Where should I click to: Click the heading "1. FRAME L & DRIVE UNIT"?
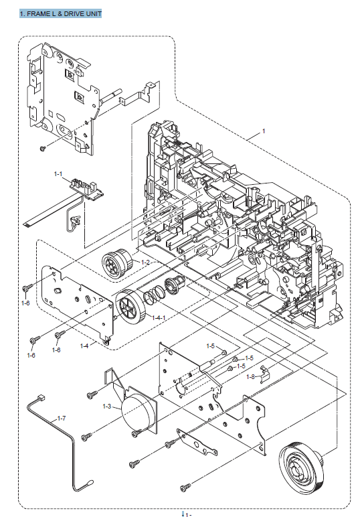tap(61, 14)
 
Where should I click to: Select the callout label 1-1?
tap(58, 173)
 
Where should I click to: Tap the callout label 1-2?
tap(145, 263)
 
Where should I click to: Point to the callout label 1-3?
tap(107, 407)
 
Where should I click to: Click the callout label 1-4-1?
tap(159, 317)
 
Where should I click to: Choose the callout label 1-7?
tap(62, 419)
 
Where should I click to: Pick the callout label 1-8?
tap(251, 376)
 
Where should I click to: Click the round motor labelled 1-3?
tap(139, 410)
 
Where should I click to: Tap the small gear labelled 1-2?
tap(117, 262)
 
